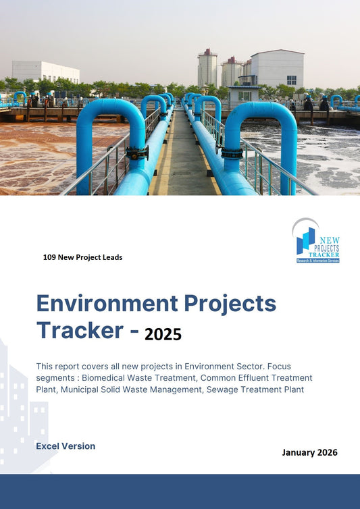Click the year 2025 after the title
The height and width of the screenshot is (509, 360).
163,333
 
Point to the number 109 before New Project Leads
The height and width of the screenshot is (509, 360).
49,257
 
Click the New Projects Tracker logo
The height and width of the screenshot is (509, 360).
317,242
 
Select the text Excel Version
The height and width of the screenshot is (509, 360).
66,446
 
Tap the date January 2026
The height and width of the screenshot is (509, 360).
309,452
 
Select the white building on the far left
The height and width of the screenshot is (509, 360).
45,71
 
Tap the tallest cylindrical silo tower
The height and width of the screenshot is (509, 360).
207,68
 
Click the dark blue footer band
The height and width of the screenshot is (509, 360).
180,491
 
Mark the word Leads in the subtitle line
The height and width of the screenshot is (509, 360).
111,257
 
